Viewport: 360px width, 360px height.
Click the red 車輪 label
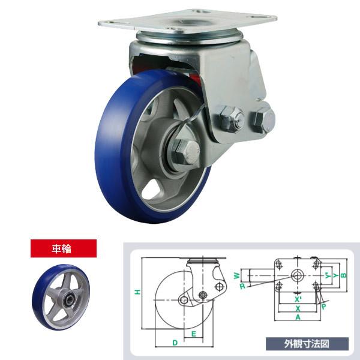[x=63, y=248]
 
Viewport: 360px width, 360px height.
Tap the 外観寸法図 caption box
[x=307, y=344]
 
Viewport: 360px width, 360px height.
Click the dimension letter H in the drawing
[x=137, y=292]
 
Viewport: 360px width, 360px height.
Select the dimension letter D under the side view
[x=175, y=342]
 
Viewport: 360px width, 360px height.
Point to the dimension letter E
[x=193, y=332]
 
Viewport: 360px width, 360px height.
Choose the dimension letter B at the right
[x=344, y=275]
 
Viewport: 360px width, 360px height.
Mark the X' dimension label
[x=298, y=297]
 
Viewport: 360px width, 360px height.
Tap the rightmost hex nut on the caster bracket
[x=262, y=119]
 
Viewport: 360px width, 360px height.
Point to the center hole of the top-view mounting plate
[x=297, y=275]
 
